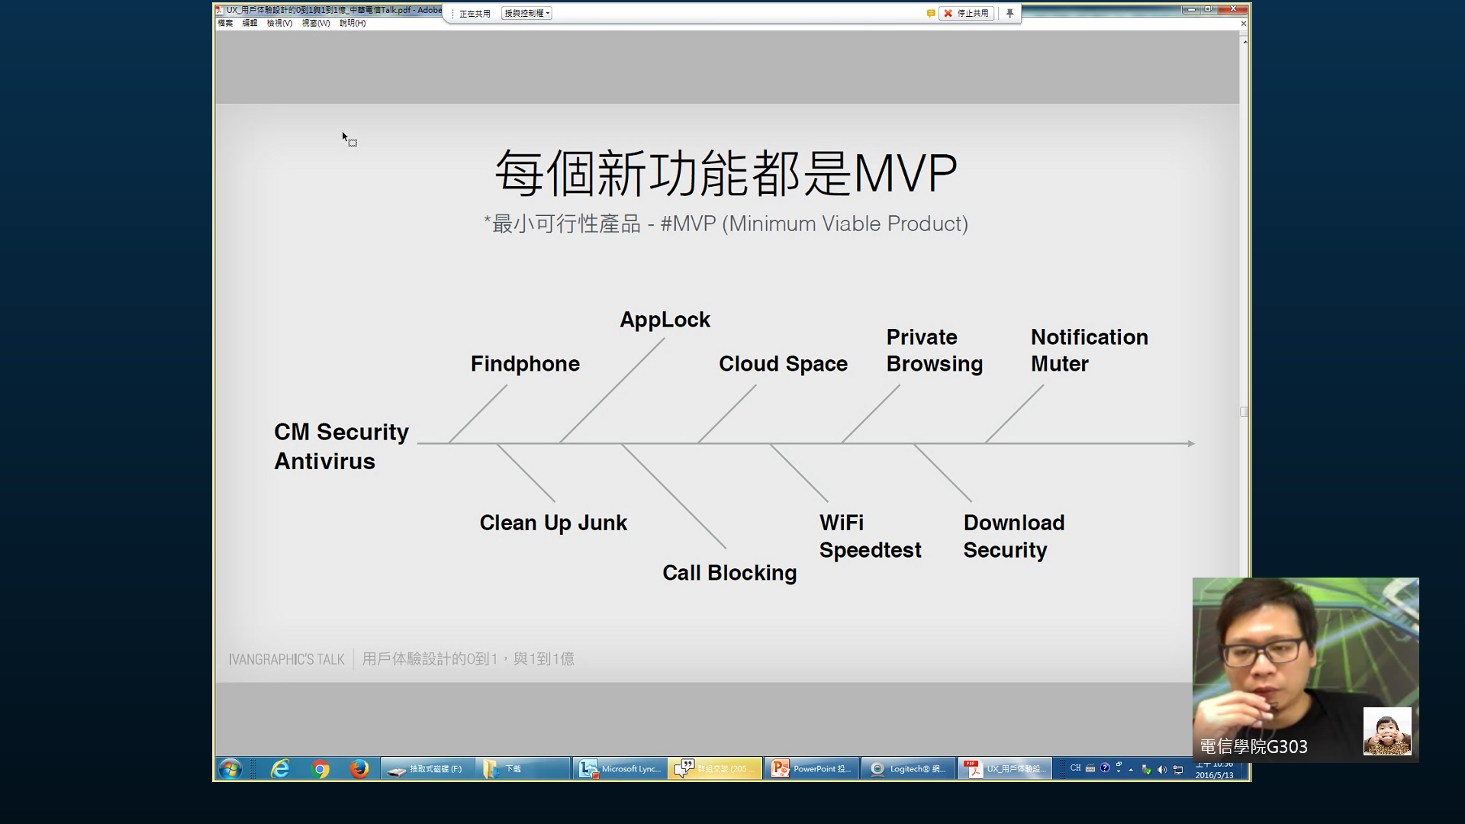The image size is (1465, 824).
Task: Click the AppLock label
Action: (x=665, y=320)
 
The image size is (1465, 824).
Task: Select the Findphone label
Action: (x=525, y=364)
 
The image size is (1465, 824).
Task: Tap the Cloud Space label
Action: (x=783, y=364)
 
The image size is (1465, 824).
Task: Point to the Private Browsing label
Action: (x=934, y=350)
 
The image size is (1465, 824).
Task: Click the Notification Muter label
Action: (x=1089, y=350)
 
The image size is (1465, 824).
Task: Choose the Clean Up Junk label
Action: (x=553, y=523)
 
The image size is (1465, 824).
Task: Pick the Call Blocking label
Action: (x=729, y=573)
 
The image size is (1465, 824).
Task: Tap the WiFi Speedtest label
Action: (x=870, y=536)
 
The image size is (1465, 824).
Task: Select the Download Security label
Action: (x=1013, y=536)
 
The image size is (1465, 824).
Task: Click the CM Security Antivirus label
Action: (x=341, y=446)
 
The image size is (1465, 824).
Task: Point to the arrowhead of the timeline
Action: (x=1191, y=443)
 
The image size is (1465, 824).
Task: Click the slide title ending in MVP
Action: (x=726, y=173)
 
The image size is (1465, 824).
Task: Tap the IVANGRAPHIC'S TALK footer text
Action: (x=286, y=659)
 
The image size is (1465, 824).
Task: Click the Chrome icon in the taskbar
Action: (x=320, y=769)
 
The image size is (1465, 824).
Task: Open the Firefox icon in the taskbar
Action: (x=359, y=769)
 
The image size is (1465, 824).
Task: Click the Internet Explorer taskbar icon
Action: (x=280, y=769)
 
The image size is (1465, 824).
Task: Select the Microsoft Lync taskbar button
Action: (x=620, y=769)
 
